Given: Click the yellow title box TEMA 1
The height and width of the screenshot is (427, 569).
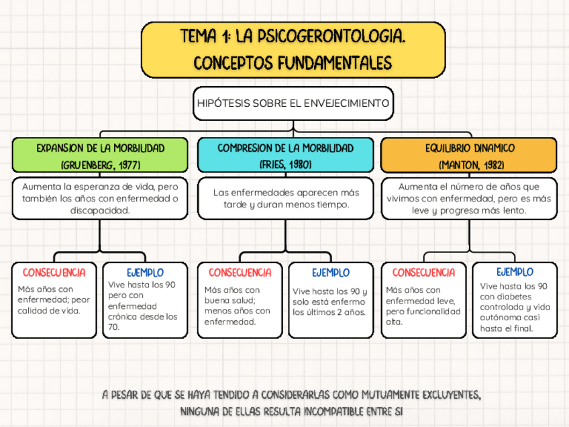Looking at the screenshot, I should [x=293, y=50].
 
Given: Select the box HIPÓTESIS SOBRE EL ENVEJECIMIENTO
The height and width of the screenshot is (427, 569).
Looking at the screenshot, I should [x=293, y=103].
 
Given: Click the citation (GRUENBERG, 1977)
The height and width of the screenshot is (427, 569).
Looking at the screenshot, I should [x=100, y=164].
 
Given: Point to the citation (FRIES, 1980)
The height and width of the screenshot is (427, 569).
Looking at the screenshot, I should [x=285, y=164].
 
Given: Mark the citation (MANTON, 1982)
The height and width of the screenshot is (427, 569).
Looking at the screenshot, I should [x=469, y=164].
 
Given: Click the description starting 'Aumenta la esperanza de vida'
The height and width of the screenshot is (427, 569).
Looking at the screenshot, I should [x=100, y=198].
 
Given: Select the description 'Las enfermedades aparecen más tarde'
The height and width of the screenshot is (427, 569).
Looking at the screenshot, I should [x=285, y=198].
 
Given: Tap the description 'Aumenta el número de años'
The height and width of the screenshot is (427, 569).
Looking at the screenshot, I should [x=469, y=198].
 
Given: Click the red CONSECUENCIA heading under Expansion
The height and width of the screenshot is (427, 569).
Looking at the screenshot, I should [x=54, y=273].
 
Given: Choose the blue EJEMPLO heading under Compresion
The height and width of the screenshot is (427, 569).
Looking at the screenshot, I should [x=330, y=273].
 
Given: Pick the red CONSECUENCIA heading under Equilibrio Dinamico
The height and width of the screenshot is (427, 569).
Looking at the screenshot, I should [x=423, y=273].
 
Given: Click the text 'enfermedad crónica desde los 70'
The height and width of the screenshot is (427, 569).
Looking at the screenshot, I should [x=143, y=316].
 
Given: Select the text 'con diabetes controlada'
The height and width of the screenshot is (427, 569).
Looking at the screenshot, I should [x=514, y=301].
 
